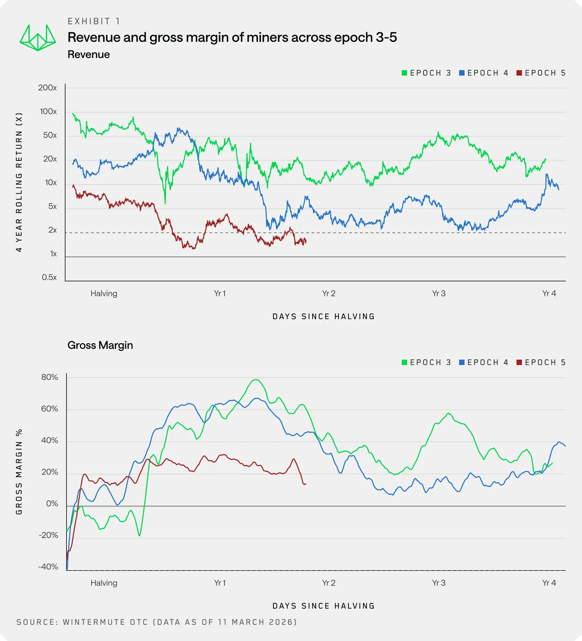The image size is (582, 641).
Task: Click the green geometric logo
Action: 37,38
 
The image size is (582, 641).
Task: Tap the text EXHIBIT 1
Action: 94,22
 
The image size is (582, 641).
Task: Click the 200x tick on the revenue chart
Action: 48,88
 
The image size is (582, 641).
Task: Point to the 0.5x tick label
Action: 49,277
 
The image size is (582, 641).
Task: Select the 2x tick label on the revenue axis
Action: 52,230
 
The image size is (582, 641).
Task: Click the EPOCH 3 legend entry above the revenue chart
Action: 426,73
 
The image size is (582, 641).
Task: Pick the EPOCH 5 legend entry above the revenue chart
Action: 541,73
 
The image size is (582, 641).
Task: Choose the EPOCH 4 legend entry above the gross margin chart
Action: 484,362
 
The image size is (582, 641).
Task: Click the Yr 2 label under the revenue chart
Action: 328,294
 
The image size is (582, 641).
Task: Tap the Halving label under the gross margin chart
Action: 104,583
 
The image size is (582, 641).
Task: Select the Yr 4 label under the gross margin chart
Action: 549,583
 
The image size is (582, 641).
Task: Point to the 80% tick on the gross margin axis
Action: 50,377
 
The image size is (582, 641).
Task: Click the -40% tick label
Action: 48,567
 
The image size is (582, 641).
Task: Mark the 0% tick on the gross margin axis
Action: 52,504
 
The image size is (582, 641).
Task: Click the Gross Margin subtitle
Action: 100,345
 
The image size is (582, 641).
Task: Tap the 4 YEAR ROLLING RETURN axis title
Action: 19,182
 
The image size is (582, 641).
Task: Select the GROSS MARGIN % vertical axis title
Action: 19,472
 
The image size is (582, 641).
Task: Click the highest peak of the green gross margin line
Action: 256,380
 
